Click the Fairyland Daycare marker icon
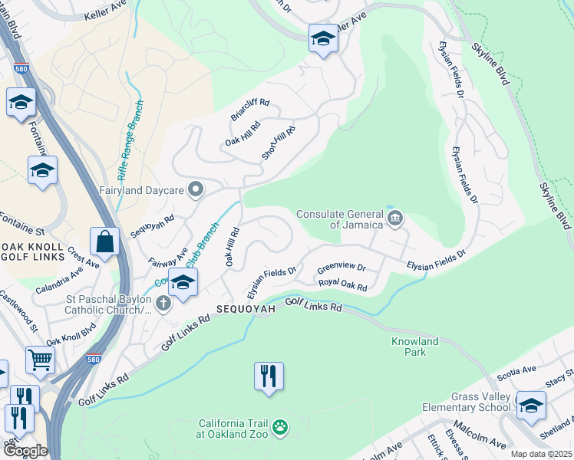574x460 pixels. click(196, 189)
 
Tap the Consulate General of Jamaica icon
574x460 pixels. click(394, 219)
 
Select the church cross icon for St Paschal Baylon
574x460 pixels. click(162, 304)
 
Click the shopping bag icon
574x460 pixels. click(104, 242)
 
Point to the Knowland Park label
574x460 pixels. click(414, 347)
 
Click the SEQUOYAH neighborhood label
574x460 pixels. click(244, 307)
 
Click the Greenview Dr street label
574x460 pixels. click(341, 269)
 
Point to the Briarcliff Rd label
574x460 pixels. click(250, 110)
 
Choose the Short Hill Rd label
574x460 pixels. click(279, 143)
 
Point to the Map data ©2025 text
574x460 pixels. click(540, 454)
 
